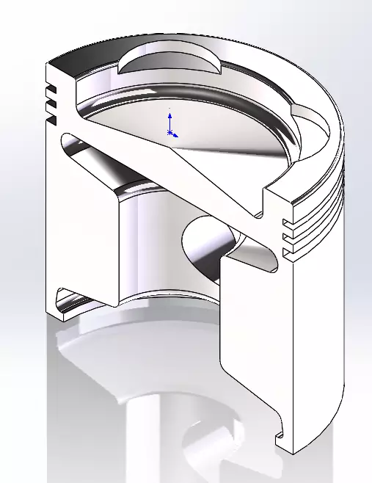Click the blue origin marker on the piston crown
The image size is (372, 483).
click(x=170, y=133)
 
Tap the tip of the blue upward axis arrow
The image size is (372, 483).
click(x=170, y=114)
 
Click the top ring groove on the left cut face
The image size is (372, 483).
click(x=51, y=93)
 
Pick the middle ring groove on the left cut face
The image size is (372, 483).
click(x=51, y=105)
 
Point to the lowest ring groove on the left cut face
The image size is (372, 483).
click(x=51, y=117)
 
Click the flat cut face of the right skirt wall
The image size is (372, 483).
click(x=249, y=345)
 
